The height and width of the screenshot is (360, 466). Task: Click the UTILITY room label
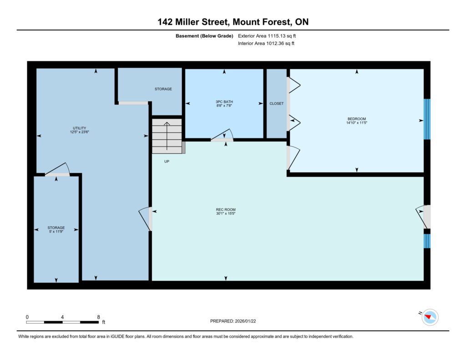point(79,128)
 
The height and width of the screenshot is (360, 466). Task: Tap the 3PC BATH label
point(224,101)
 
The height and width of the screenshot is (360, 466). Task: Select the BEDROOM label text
point(357,119)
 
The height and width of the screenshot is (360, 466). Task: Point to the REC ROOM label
point(226,209)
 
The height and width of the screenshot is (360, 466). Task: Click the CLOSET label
point(276,103)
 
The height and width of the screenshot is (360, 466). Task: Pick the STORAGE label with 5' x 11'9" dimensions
point(56,228)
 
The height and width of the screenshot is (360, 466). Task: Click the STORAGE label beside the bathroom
point(163,89)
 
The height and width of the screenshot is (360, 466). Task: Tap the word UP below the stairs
point(167,162)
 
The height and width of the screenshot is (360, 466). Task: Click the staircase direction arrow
point(167,136)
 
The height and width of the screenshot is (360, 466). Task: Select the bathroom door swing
point(222,134)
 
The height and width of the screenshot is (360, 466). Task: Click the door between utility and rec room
point(146,218)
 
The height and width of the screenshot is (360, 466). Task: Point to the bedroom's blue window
point(427,119)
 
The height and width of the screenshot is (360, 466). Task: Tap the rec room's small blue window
point(427,241)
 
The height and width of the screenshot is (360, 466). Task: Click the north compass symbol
point(429,317)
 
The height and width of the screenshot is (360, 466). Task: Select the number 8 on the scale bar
point(98,317)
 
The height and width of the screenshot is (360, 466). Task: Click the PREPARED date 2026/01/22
point(245,321)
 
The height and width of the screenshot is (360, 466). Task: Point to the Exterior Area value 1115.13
point(276,36)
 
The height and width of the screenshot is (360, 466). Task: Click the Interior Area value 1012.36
point(275,43)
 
